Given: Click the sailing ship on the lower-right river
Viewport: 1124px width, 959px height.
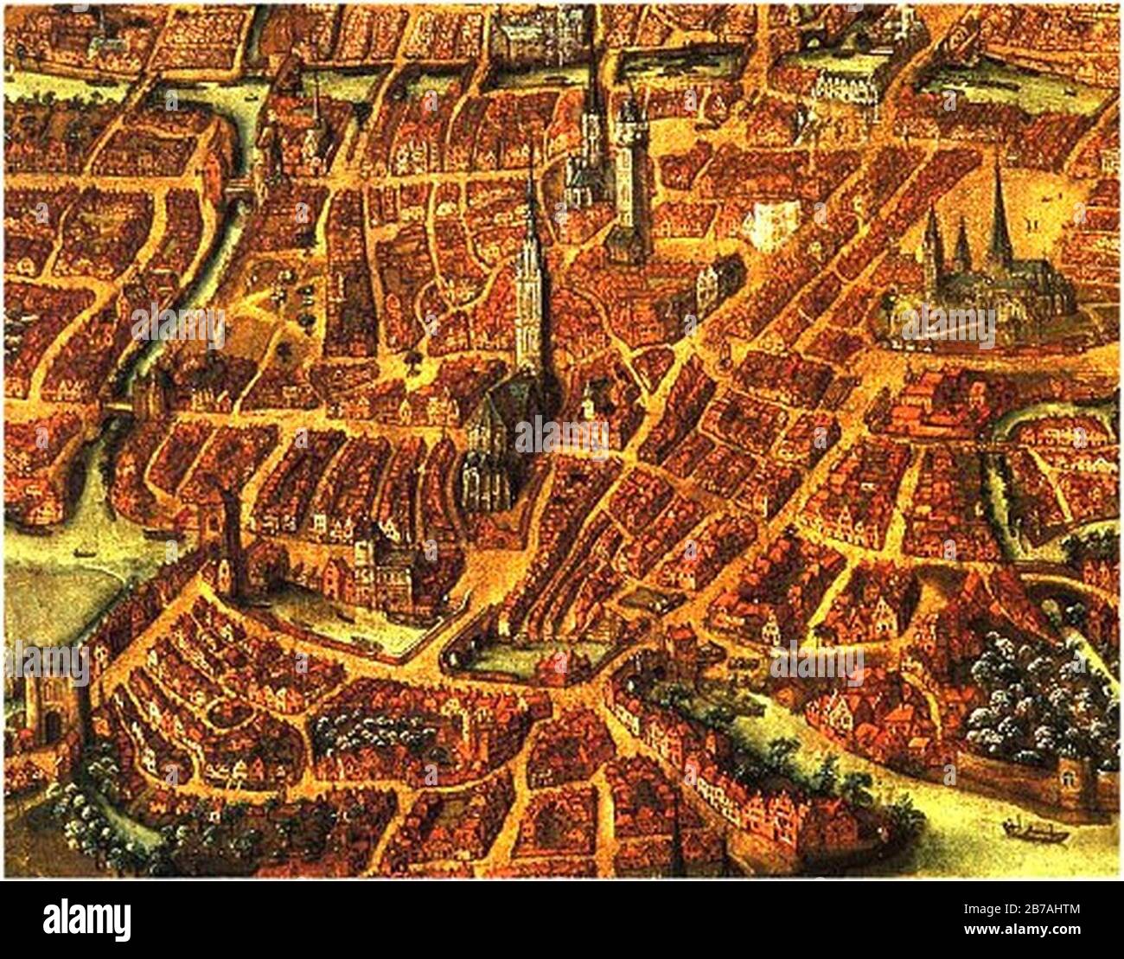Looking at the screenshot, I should (1032, 830).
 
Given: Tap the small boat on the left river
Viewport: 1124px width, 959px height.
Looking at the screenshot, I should (83, 551).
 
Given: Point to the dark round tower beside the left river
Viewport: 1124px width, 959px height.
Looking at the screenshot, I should (233, 545).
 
